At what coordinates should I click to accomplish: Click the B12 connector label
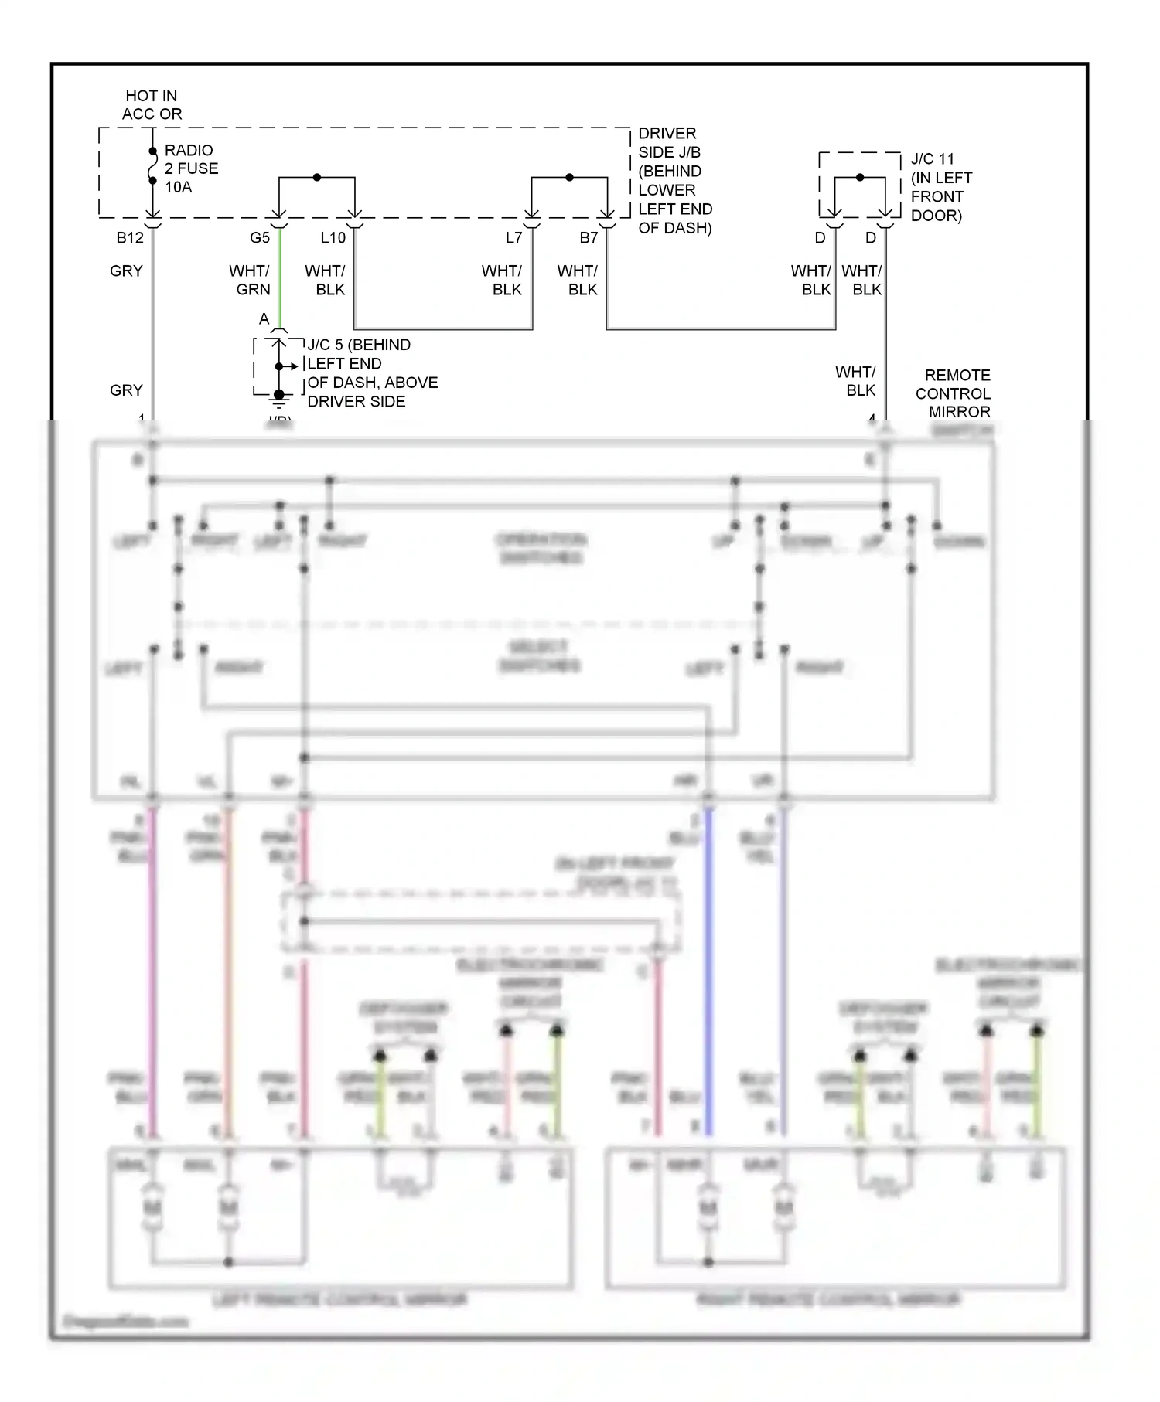coord(130,237)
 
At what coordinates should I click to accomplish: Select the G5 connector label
coord(260,237)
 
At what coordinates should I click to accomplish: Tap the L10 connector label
coord(333,237)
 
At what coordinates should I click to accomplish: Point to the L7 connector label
coord(514,237)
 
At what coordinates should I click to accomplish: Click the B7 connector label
coord(589,237)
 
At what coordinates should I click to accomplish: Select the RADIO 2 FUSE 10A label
coord(191,168)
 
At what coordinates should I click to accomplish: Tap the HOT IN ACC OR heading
coord(152,104)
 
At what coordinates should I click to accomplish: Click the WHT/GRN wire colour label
coord(250,280)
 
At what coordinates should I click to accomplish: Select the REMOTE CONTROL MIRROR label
coord(954,393)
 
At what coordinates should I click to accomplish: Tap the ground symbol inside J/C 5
coord(278,398)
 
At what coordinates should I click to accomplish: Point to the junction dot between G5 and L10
coord(317,178)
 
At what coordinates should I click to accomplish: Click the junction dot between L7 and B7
coord(570,178)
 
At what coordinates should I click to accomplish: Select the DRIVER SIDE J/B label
coord(674,180)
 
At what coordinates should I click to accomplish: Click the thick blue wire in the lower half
coord(708,966)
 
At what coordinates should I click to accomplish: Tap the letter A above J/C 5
coord(264,319)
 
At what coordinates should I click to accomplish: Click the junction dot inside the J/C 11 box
coord(860,178)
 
